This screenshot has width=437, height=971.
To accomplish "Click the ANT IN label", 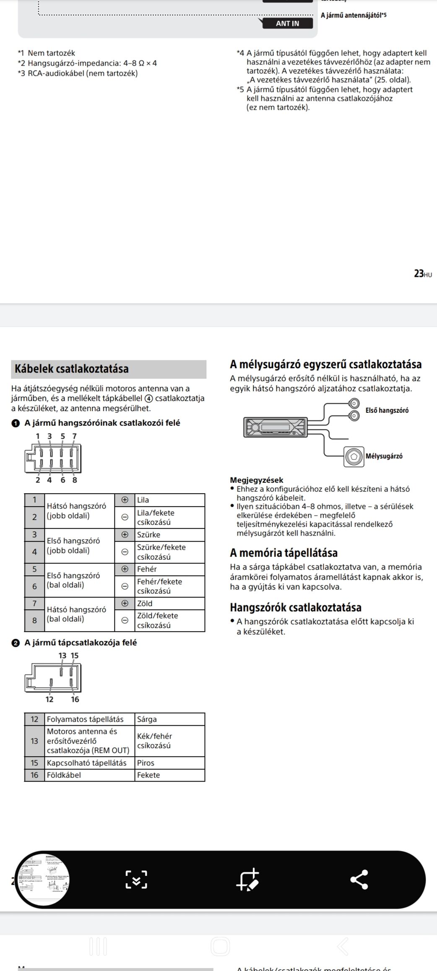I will [x=287, y=23].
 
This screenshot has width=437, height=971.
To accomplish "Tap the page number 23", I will [x=419, y=273].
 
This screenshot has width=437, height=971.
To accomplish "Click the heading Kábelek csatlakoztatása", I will [x=72, y=369].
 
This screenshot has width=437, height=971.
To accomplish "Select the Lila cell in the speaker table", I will [x=143, y=500].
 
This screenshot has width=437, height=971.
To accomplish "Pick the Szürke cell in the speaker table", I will [x=148, y=535].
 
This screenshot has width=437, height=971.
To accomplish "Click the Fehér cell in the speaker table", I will [x=147, y=569].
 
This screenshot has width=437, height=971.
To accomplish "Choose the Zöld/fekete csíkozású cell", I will [x=157, y=620].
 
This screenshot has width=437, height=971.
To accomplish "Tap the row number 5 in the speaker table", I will [x=34, y=569].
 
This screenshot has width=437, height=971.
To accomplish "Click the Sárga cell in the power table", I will [x=147, y=719].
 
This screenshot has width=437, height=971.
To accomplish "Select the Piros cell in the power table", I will [x=146, y=763].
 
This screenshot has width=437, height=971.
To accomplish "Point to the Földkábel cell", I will [x=64, y=775].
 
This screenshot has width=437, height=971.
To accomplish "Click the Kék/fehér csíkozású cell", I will [x=154, y=741].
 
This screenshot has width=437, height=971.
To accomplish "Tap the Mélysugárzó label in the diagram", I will [x=384, y=456].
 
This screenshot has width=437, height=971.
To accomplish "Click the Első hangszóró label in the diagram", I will [x=387, y=410].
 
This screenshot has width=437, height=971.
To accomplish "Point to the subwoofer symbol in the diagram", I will [x=354, y=456].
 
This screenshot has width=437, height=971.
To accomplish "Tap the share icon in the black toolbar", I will [x=359, y=880].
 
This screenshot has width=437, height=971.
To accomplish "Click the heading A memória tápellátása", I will [x=284, y=553].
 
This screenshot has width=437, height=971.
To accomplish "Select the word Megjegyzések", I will [x=257, y=480].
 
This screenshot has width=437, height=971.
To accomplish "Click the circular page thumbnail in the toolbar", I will [x=43, y=880].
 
